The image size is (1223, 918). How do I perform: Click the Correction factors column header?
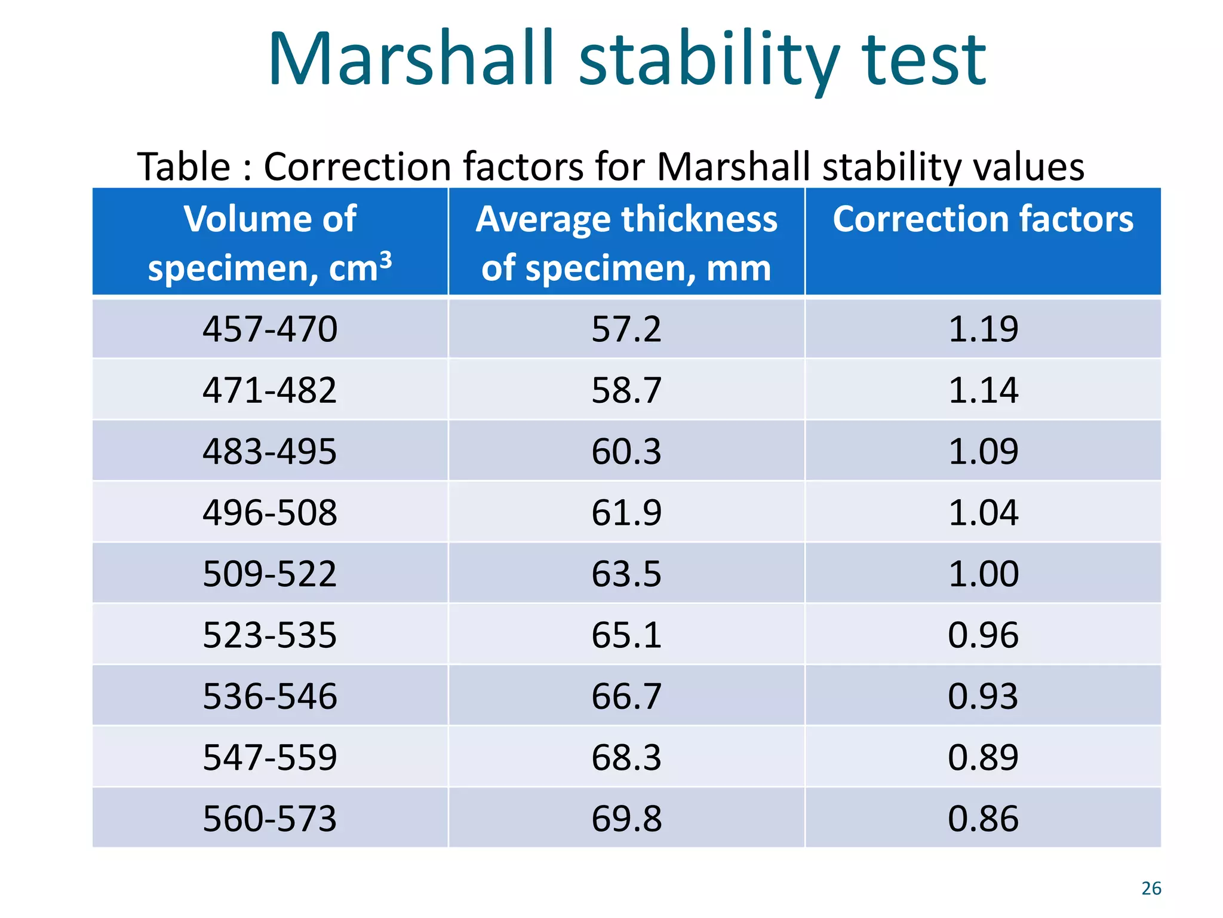coord(983,219)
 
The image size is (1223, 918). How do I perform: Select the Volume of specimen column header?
coord(270,242)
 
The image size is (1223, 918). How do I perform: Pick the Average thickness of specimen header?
coord(626,242)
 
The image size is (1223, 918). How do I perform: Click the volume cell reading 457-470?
coord(270,329)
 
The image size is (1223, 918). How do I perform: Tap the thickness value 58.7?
coord(626,390)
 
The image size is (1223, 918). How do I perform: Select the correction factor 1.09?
coord(983,452)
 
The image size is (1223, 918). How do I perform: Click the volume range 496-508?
coord(270,513)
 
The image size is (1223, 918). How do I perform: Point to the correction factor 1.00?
coord(983,574)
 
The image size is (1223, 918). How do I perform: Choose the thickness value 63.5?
coord(626,574)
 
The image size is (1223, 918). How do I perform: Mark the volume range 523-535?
coord(270,635)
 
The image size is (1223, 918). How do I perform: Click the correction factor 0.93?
coord(983,696)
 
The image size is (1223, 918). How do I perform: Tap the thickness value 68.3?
coord(626,757)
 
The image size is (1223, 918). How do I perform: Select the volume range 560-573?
coord(270,819)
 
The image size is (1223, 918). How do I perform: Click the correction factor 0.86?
coord(983,819)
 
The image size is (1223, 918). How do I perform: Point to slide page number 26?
coord(1151,888)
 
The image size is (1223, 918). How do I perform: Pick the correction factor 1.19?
coord(983,329)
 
